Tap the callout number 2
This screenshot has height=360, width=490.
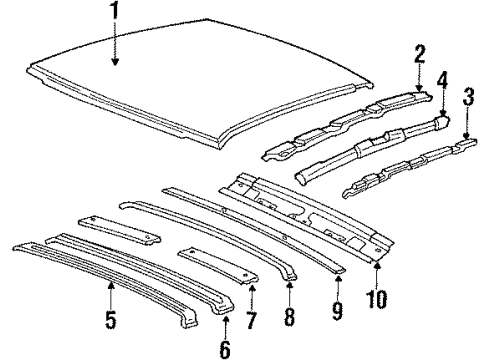click(420, 53)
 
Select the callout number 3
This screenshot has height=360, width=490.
click(468, 97)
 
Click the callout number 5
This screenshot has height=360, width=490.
click(110, 321)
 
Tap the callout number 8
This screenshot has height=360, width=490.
click(289, 318)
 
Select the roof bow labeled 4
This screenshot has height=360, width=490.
click(370, 144)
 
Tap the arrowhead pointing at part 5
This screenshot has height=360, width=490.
click(110, 284)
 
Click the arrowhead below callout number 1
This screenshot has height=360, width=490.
click(115, 63)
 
